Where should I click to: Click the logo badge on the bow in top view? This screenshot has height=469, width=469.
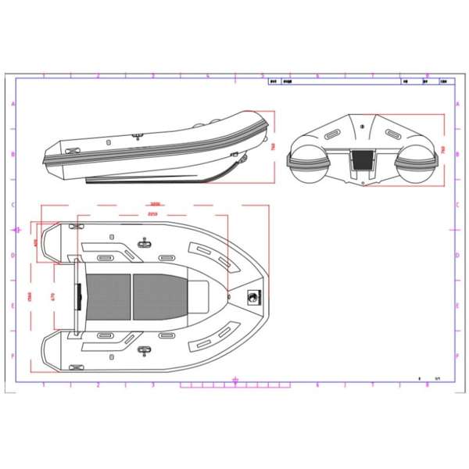click(x=252, y=296)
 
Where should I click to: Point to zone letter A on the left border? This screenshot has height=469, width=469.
click(x=11, y=104)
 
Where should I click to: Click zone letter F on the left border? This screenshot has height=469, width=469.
click(x=11, y=356)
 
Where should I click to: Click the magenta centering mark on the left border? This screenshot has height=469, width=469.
click(x=18, y=230)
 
